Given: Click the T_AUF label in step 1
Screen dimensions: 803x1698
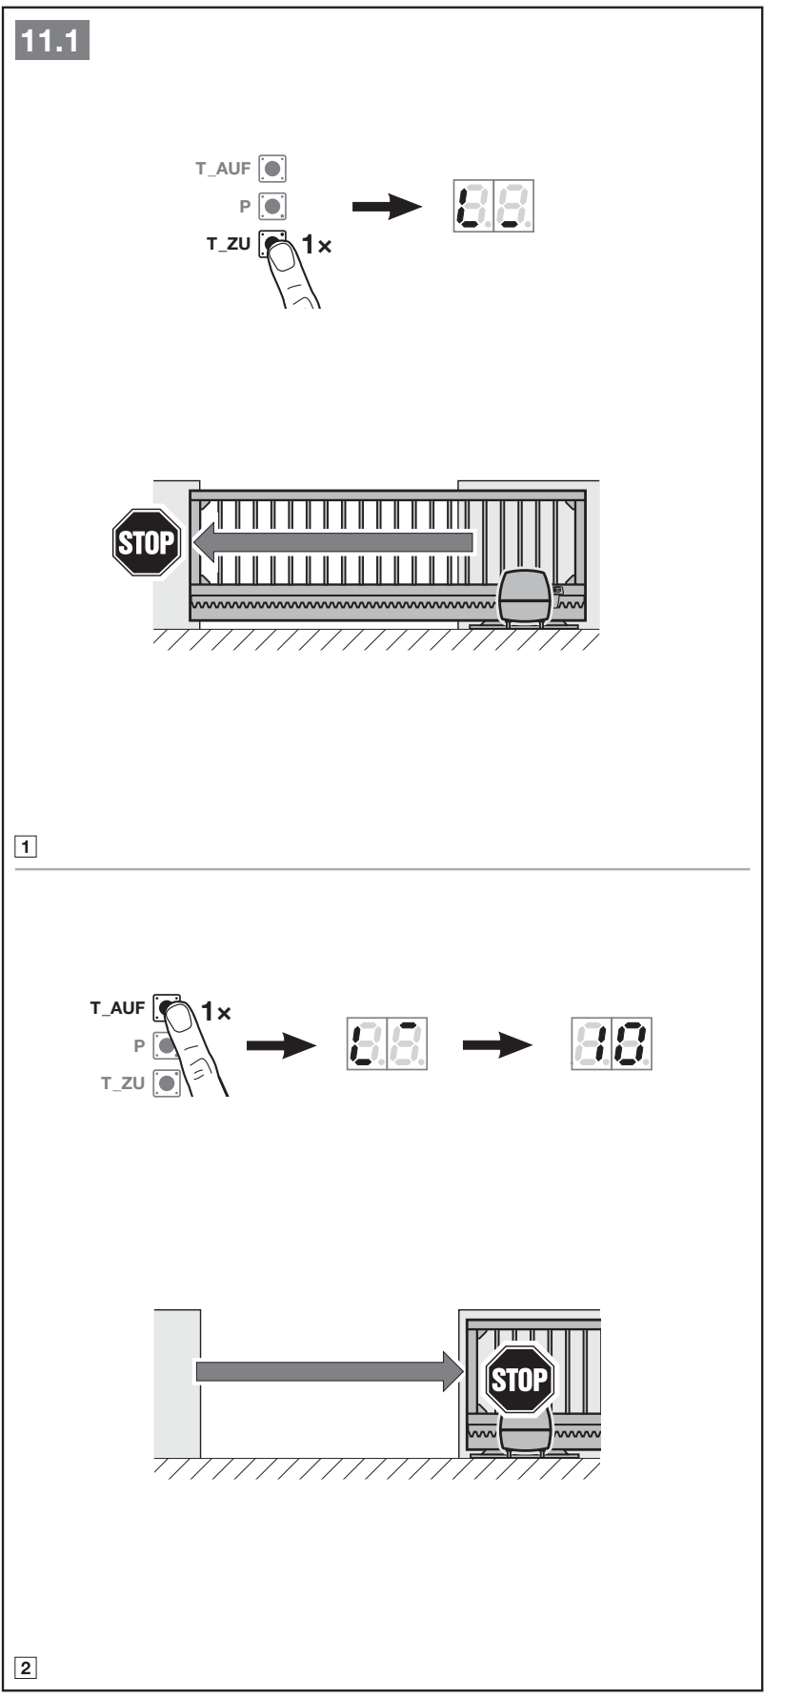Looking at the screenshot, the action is pos(223,169).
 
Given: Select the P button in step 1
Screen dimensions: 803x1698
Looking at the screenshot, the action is pos(273,206).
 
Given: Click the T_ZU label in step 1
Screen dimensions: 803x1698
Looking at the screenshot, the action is pos(229,244).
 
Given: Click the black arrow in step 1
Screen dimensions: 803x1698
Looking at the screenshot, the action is pos(388,207).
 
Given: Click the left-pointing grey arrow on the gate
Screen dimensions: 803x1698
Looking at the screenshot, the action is pos(333,542).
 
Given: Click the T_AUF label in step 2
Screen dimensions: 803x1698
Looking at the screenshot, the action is pos(117,1007).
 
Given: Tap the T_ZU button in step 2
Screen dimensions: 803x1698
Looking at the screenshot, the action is pos(168,1082).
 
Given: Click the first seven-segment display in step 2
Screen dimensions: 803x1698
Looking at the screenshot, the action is pos(386,1045).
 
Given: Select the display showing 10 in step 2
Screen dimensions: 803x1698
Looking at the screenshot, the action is pos(612,1045).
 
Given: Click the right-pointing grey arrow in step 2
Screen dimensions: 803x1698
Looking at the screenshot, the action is pos(330,1370).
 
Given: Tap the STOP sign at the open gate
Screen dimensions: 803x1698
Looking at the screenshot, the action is pos(519,1378).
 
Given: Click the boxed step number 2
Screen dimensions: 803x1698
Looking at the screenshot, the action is pos(30,1668).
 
